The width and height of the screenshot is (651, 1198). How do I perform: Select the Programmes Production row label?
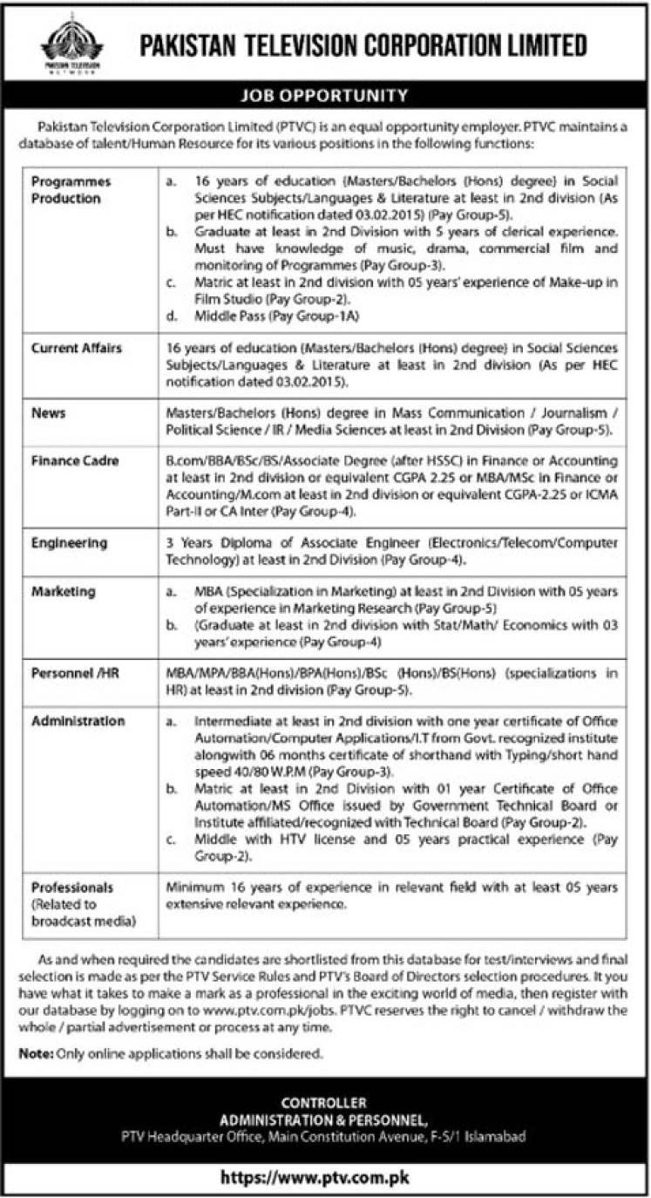(x=70, y=190)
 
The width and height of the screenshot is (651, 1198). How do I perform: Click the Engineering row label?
(x=69, y=542)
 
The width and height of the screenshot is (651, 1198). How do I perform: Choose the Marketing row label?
(x=63, y=592)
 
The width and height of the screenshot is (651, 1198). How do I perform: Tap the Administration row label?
(x=78, y=721)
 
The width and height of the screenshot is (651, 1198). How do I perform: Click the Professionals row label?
(x=72, y=888)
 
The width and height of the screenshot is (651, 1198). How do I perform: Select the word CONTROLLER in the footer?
(x=324, y=1103)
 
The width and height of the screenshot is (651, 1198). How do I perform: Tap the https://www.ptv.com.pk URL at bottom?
(x=324, y=1178)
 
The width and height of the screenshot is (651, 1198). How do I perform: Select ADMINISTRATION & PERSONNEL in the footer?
(x=324, y=1120)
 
